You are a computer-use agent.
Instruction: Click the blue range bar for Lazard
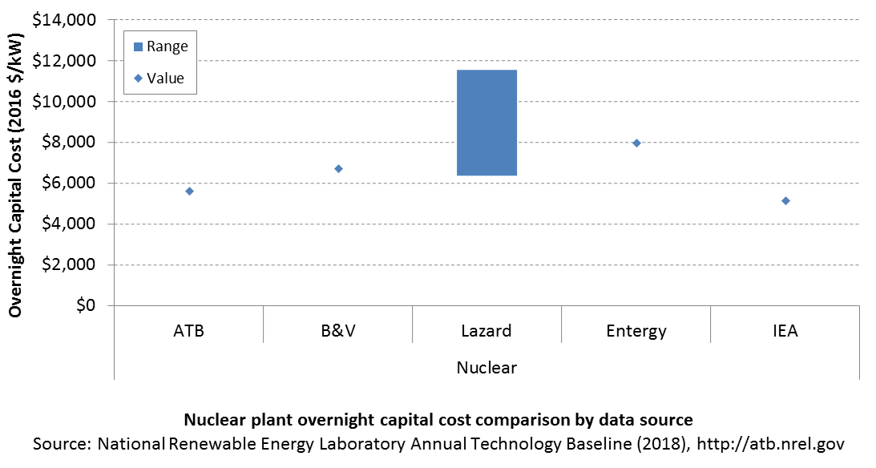[486, 123]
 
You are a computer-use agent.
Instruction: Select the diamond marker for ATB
[189, 192]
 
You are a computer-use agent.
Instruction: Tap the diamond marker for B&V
[338, 168]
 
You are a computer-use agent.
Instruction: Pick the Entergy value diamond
[636, 143]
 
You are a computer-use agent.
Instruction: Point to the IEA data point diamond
[785, 201]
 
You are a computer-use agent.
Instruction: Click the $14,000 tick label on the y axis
[64, 20]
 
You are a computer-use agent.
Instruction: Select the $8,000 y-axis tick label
[69, 143]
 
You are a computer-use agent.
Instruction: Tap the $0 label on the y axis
[86, 305]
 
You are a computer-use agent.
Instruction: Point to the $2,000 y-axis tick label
[69, 264]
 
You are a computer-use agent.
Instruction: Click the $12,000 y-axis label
[64, 61]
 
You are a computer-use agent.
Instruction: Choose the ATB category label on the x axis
[189, 331]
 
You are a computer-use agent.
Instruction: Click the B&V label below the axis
[338, 331]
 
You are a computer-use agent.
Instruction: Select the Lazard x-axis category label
[486, 331]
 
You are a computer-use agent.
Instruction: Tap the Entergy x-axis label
[636, 331]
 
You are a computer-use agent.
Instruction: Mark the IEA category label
[785, 331]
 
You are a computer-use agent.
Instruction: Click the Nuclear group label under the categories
[486, 368]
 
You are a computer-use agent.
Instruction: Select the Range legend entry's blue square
[139, 47]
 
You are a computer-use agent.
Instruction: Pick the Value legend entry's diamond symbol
[139, 79]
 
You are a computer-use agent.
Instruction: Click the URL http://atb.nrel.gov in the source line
[771, 444]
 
